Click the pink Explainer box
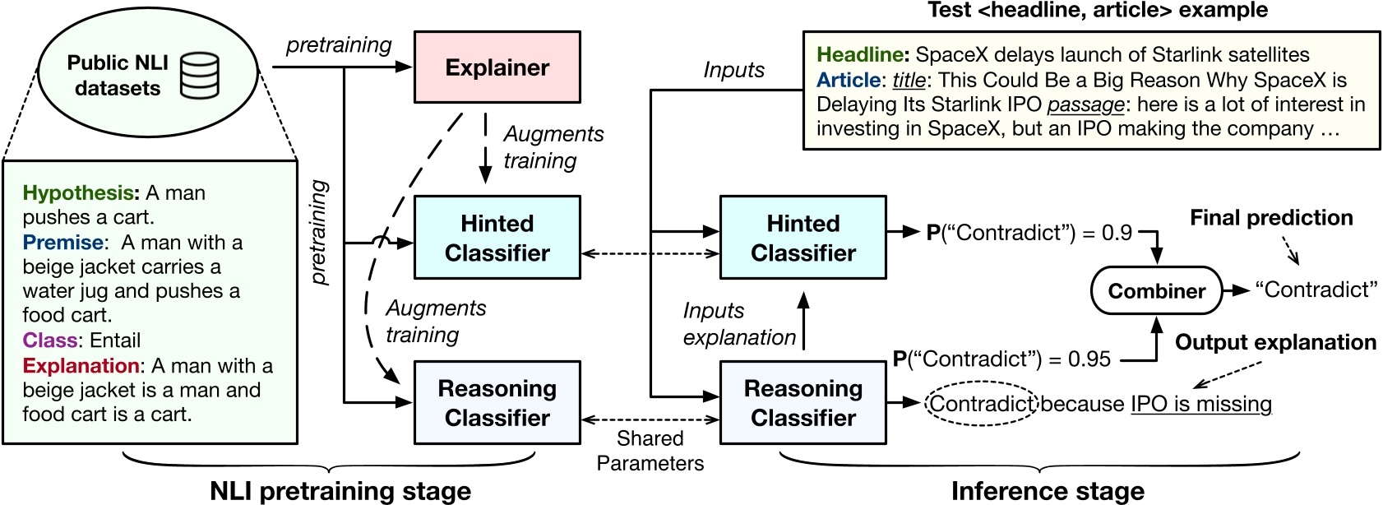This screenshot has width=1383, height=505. click(497, 67)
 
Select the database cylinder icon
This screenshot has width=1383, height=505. click(200, 76)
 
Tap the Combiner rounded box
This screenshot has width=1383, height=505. click(1156, 291)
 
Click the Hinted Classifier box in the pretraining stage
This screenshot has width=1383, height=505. click(497, 238)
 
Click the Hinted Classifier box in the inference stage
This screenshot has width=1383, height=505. click(803, 238)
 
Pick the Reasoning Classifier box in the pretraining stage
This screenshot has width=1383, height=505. click(497, 403)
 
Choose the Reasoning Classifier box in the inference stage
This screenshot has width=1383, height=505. click(803, 403)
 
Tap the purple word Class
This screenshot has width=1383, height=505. click(50, 341)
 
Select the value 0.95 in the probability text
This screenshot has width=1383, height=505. click(1089, 359)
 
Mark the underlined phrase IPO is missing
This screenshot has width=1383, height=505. click(1200, 404)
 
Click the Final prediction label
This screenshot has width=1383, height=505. click(1271, 218)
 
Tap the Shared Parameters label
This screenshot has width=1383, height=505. click(650, 451)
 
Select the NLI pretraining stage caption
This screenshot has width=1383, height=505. click(340, 491)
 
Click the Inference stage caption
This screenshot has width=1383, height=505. click(1047, 491)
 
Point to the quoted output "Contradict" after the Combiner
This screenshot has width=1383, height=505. click(1316, 290)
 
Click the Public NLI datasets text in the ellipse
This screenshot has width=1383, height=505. click(118, 76)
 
